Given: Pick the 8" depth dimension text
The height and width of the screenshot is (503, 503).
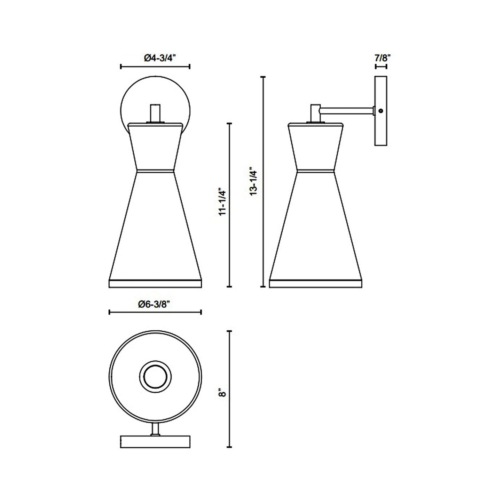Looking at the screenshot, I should (x=222, y=393).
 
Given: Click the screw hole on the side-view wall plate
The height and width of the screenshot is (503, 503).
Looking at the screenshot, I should (x=381, y=111).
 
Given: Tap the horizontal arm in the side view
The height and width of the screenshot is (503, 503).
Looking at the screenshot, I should (x=346, y=111).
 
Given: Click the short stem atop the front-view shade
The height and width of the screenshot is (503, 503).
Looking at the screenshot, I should (x=155, y=113).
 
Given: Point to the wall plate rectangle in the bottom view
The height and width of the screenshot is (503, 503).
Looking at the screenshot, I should (x=155, y=441).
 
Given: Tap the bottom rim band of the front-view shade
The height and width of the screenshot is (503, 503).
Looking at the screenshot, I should (x=155, y=283).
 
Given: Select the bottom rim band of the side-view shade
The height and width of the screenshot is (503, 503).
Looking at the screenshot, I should (x=316, y=283).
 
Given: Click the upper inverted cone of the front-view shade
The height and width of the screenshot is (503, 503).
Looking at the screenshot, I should (x=155, y=148).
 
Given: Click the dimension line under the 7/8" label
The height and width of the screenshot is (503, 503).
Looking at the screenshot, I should (x=381, y=66).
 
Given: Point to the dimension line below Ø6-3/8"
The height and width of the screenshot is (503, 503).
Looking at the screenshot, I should (x=155, y=312).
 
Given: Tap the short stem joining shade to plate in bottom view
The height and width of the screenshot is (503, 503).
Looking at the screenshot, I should (x=156, y=429).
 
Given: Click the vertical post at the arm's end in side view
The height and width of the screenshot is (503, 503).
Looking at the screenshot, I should (x=315, y=113).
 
